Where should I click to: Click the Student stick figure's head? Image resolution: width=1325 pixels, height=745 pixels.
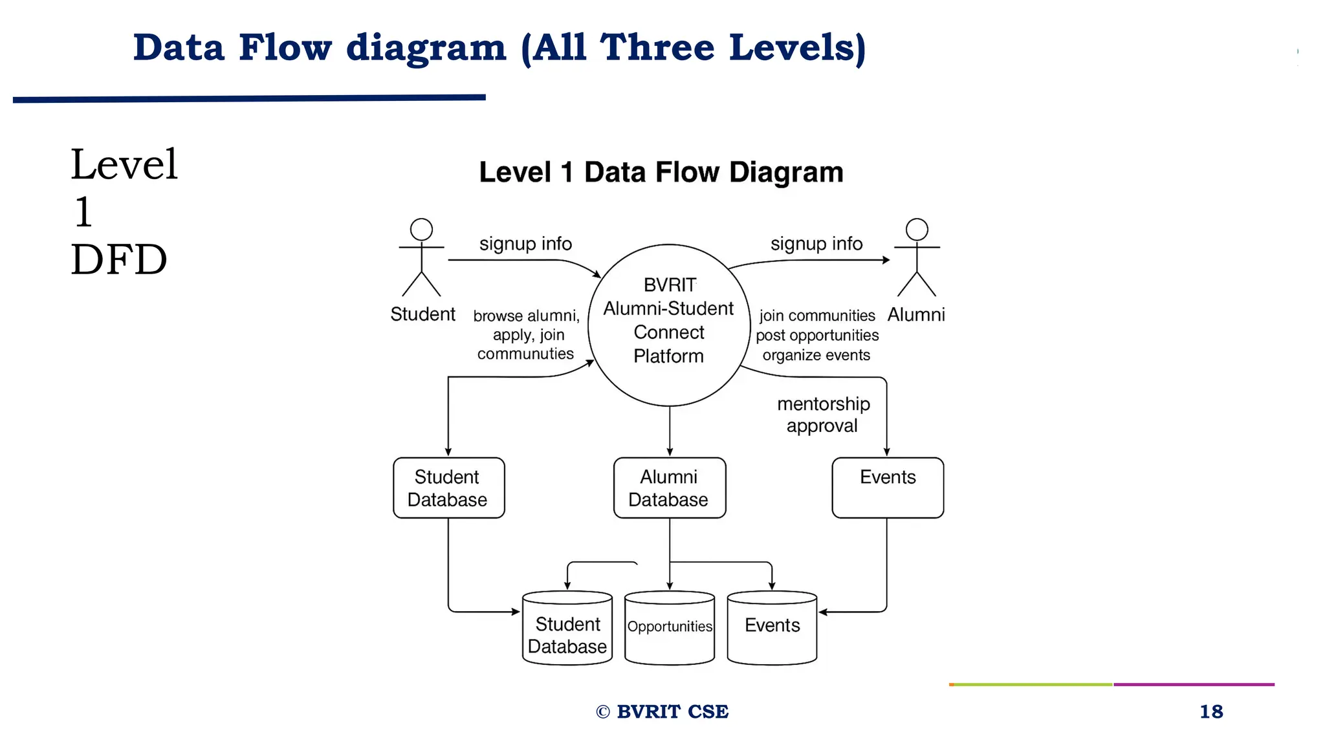coord(421,230)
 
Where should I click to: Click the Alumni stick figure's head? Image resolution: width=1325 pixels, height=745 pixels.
coord(916,230)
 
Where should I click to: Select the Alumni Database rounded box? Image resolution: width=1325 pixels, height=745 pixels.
coord(669,488)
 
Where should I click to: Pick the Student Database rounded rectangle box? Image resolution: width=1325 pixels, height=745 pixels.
coord(448,488)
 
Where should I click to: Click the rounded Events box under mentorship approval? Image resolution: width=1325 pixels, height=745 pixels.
coord(887,488)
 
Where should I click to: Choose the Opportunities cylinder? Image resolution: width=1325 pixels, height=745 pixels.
coord(669,627)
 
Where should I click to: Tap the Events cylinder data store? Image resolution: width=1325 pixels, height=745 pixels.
coord(772,627)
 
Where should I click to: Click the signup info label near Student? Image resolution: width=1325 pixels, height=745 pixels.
coord(525,244)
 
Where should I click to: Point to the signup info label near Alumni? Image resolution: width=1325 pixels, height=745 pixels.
coord(816,244)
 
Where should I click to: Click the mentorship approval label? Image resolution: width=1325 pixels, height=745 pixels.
coord(823,415)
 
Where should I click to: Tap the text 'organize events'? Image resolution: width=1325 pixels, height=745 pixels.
coord(816,355)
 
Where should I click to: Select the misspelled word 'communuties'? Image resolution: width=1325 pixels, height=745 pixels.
coord(525,354)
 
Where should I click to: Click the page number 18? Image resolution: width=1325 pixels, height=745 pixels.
coord(1210,711)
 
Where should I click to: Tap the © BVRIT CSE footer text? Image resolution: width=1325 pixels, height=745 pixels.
coord(662,711)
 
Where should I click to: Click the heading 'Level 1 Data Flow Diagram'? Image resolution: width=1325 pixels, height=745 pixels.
coord(661,173)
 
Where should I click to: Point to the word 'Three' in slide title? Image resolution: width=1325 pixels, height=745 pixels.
coord(657,48)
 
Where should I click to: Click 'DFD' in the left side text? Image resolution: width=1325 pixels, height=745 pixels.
coord(119,260)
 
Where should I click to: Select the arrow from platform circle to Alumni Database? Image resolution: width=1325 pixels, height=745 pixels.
coord(670,430)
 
